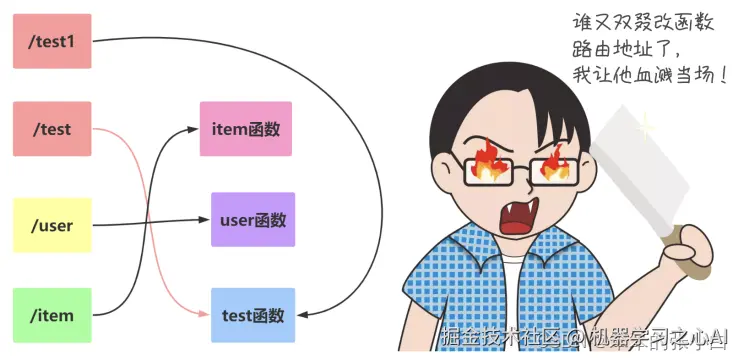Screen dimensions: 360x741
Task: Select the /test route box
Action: (52, 129)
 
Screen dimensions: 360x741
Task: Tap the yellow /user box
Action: (52, 225)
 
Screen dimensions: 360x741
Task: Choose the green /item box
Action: (52, 315)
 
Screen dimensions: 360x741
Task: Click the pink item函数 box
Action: (246, 129)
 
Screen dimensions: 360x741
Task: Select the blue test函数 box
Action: (253, 315)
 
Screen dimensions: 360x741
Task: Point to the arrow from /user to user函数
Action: (150, 222)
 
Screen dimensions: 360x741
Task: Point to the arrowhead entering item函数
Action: (196, 129)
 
